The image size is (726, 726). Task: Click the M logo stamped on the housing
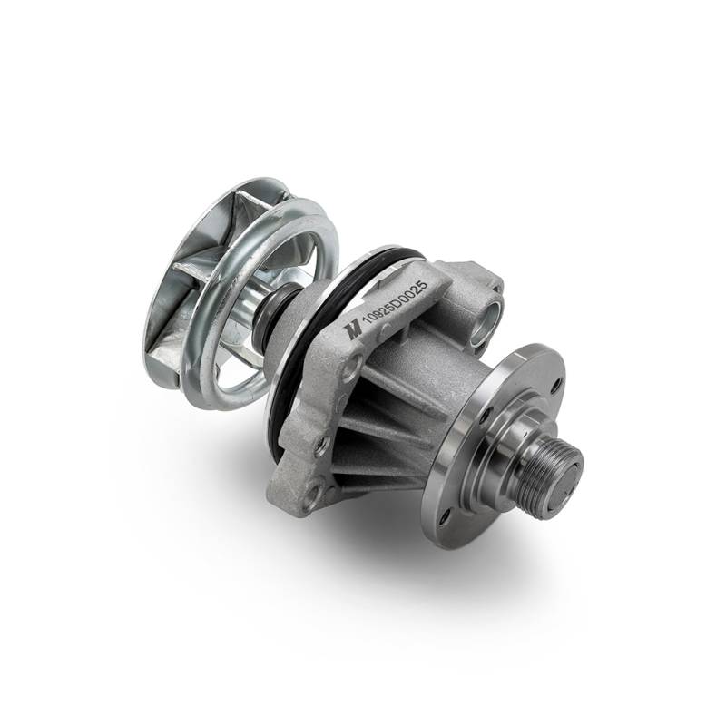[x=353, y=329]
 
